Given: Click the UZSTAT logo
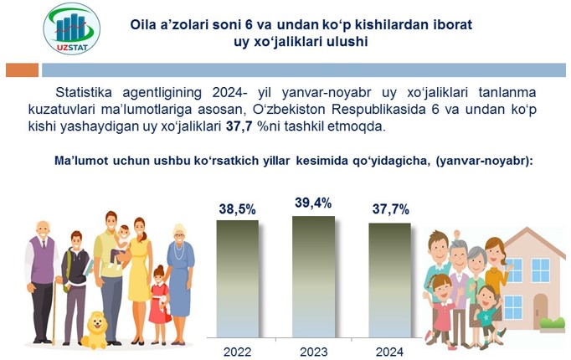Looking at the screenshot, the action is click(x=72, y=28).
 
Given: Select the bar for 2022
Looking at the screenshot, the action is click(x=238, y=279).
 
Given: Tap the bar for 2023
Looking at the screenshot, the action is click(x=313, y=277).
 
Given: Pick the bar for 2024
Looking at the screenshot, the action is click(x=389, y=280).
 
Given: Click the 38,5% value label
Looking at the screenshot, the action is click(x=238, y=209).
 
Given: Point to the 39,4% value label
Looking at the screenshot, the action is click(x=313, y=203).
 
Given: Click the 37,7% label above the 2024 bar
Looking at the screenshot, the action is click(x=391, y=209).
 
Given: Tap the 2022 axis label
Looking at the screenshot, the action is click(x=238, y=352).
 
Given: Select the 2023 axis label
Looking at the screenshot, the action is click(x=313, y=352).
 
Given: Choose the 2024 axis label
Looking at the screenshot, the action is click(x=389, y=352).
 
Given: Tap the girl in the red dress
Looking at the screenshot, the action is click(x=160, y=305).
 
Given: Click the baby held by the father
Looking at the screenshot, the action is click(x=121, y=246).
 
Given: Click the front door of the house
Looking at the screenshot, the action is click(x=540, y=311).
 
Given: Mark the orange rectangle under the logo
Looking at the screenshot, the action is click(x=23, y=69).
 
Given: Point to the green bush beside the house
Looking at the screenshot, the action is click(x=553, y=322).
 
